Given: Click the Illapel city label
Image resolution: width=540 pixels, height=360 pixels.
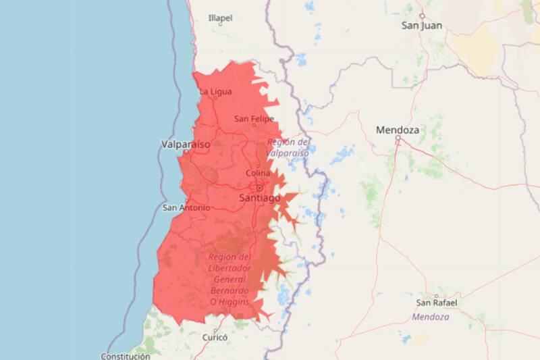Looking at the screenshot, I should click(220, 18).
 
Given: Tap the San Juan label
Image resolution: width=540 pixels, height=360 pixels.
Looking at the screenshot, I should click(423, 26).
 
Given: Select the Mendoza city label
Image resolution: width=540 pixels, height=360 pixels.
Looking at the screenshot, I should click(398, 129).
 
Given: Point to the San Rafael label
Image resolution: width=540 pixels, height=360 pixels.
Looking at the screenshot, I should click(437, 303).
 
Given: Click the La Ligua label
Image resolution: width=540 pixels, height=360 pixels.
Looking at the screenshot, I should click(215, 91).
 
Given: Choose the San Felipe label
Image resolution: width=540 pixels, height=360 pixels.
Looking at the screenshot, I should click(254, 119).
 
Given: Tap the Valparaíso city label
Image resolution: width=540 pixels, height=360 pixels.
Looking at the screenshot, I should click(186, 144).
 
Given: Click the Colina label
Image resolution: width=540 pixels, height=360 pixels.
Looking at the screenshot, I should click(258, 173).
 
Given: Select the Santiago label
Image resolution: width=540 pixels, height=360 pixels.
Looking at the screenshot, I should click(260, 197).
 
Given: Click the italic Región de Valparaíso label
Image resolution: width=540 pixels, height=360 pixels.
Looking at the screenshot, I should click(288, 147).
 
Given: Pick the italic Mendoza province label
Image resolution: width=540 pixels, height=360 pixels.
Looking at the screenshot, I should click(428, 316).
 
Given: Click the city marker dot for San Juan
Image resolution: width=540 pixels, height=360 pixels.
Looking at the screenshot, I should click(422, 15).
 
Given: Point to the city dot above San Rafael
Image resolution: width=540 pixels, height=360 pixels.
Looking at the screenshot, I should click(437, 295).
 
